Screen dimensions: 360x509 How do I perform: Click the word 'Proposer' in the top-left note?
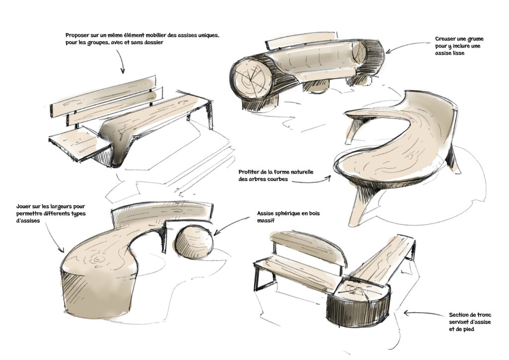coord(78,35)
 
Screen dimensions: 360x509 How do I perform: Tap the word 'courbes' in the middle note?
coord(275,180)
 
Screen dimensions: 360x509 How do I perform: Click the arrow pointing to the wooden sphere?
coord(234,224)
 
